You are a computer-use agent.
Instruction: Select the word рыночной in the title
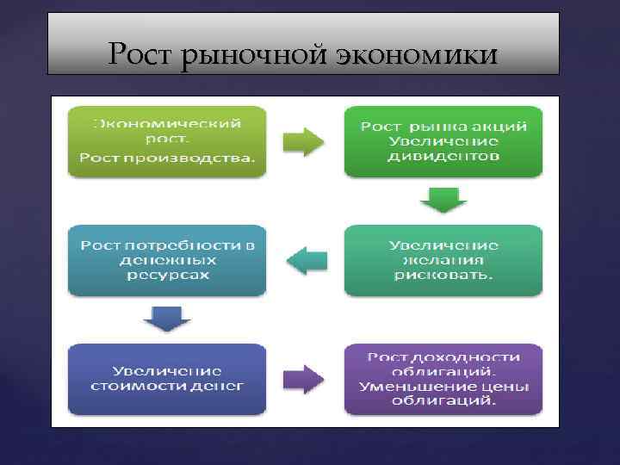pyautogui.click(x=239, y=56)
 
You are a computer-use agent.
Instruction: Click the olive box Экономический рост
pyautogui.click(x=167, y=141)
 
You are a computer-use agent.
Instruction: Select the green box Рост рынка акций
pyautogui.click(x=443, y=141)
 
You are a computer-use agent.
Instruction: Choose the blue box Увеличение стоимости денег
pyautogui.click(x=167, y=378)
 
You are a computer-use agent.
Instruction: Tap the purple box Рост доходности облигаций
pyautogui.click(x=443, y=378)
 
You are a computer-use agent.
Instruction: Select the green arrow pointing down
pyautogui.click(x=443, y=201)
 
